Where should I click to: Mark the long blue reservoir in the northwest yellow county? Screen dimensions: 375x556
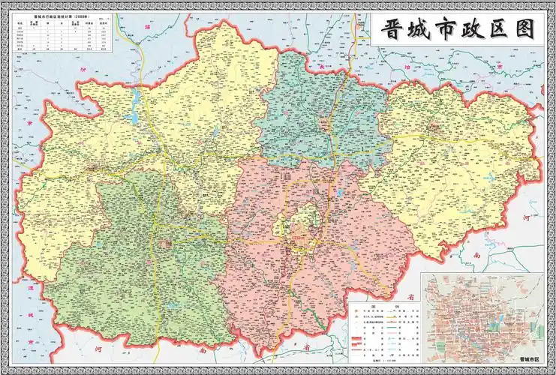[136, 105]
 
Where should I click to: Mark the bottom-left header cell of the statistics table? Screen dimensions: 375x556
[20, 49]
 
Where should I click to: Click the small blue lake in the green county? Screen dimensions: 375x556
[173, 306]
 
